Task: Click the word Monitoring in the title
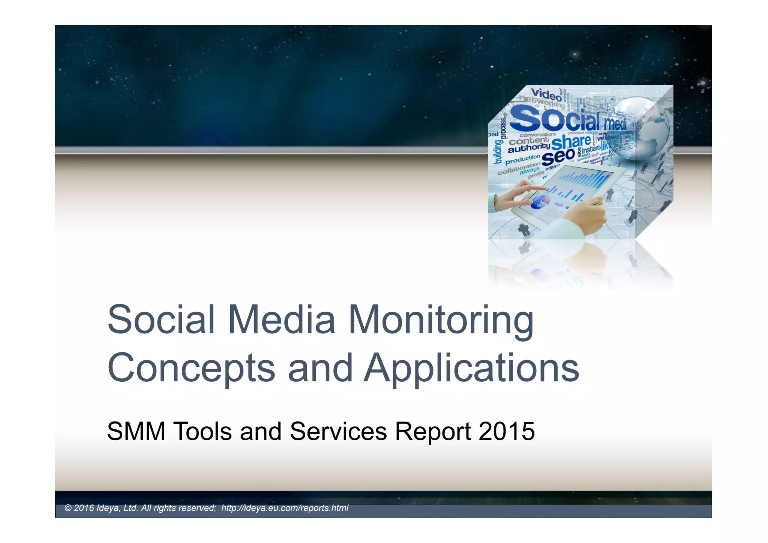(441, 320)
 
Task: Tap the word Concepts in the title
(191, 368)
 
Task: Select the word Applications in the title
(471, 368)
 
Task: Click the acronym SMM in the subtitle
(136, 431)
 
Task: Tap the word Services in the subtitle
(338, 431)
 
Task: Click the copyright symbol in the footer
(68, 508)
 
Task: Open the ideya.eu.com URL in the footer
(285, 508)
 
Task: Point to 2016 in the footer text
(84, 508)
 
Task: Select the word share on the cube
(571, 142)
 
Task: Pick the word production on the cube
(522, 160)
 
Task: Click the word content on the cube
(529, 141)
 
